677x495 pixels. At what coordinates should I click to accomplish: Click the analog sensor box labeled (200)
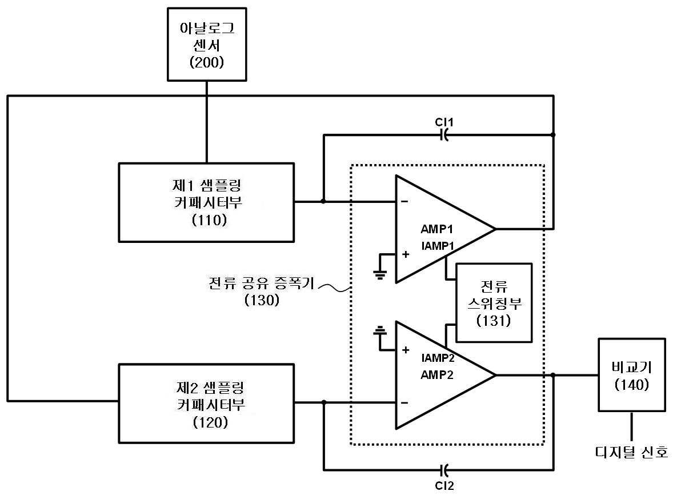pos(207,44)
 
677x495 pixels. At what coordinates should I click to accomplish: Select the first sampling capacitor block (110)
pos(206,202)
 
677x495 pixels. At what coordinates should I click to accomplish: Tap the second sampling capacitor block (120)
pos(206,404)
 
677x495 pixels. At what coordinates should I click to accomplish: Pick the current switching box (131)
pos(494,303)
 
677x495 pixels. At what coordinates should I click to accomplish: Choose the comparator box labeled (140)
pos(632,375)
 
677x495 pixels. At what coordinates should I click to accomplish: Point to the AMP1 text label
pos(437,229)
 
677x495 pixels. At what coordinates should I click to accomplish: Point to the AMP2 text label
pos(437,375)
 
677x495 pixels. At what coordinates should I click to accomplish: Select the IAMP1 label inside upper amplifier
pos(438,246)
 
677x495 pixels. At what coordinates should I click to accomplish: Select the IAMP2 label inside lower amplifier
pos(438,358)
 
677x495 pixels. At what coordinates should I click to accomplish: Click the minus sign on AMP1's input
pos(404,201)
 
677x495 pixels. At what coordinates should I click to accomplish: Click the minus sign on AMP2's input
pos(404,403)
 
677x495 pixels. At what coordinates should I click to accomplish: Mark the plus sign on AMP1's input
pos(406,254)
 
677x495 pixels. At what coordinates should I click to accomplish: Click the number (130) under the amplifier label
pos(262,300)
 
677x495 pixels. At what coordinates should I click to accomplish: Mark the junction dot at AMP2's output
pos(554,375)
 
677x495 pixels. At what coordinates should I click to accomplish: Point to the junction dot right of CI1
pos(554,135)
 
